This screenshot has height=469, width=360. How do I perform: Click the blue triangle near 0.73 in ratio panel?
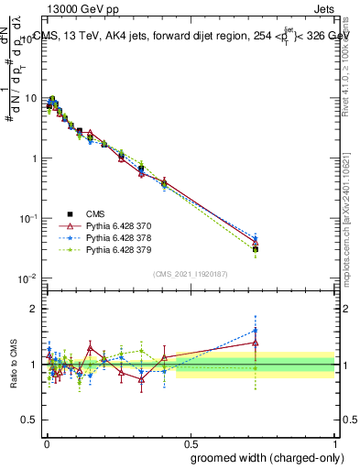tap(256, 331)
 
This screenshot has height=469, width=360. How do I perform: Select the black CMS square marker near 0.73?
tap(256, 249)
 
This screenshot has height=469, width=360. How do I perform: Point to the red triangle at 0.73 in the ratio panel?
tap(256, 343)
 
